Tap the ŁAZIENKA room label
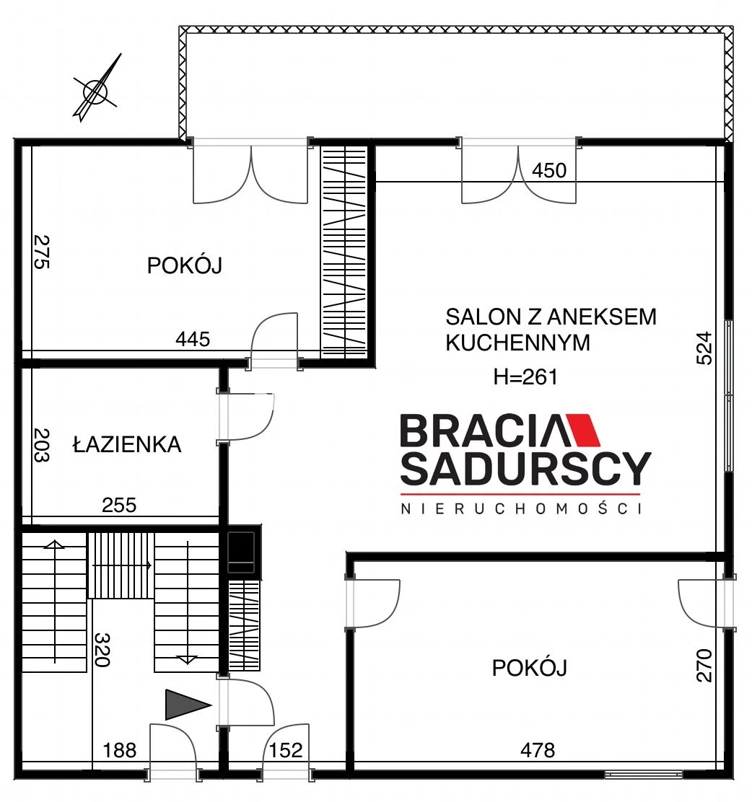127,444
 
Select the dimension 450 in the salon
549,170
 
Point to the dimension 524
705,348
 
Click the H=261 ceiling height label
525,377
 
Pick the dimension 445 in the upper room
193,338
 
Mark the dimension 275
41,251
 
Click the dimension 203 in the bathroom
41,445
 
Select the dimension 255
119,506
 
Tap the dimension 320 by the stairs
102,650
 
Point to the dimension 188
120,750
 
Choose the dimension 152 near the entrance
286,750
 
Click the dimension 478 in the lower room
538,750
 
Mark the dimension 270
705,665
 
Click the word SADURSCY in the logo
525,469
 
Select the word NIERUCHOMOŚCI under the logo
522,508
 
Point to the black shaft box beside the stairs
241,551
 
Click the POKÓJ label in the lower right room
529,667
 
